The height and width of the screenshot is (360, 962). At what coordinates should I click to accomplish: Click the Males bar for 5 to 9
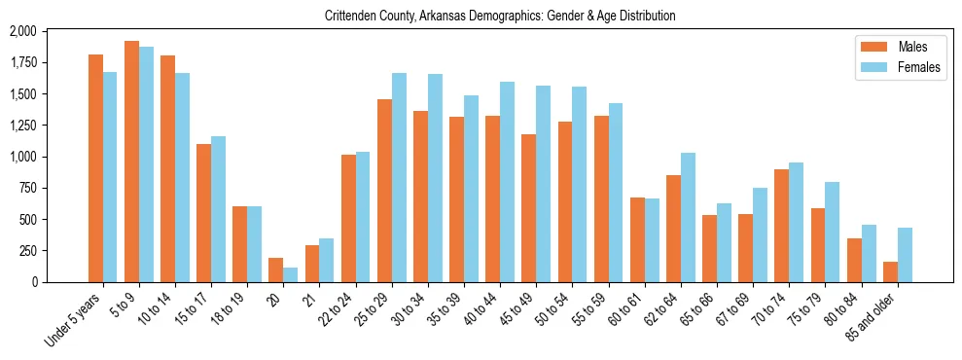pos(131,162)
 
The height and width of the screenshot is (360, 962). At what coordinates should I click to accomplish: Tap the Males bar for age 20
pos(276,270)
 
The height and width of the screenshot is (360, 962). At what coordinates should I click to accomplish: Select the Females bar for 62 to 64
pos(688,217)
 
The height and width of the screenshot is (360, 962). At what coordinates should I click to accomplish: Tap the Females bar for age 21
pos(327,260)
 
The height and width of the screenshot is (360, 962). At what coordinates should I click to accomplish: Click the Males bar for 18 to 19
pos(239,244)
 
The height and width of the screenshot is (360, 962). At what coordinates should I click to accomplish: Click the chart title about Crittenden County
pos(481,16)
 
